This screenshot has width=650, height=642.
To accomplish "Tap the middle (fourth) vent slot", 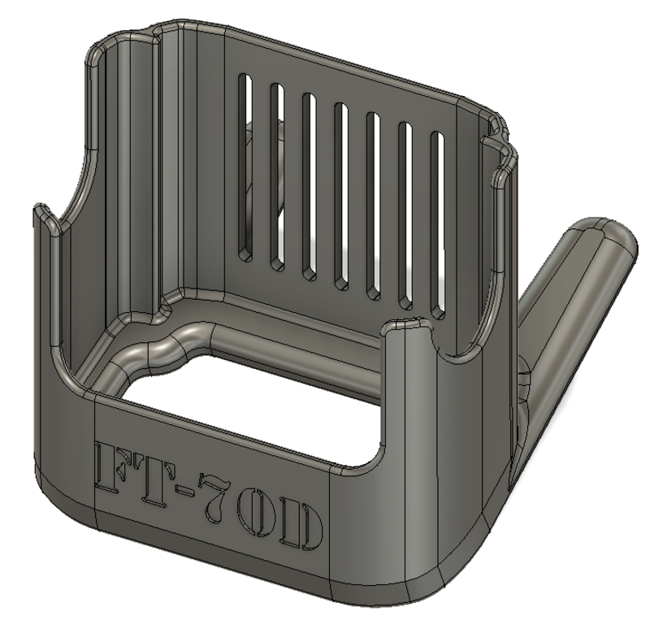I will pyautogui.click(x=340, y=195).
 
